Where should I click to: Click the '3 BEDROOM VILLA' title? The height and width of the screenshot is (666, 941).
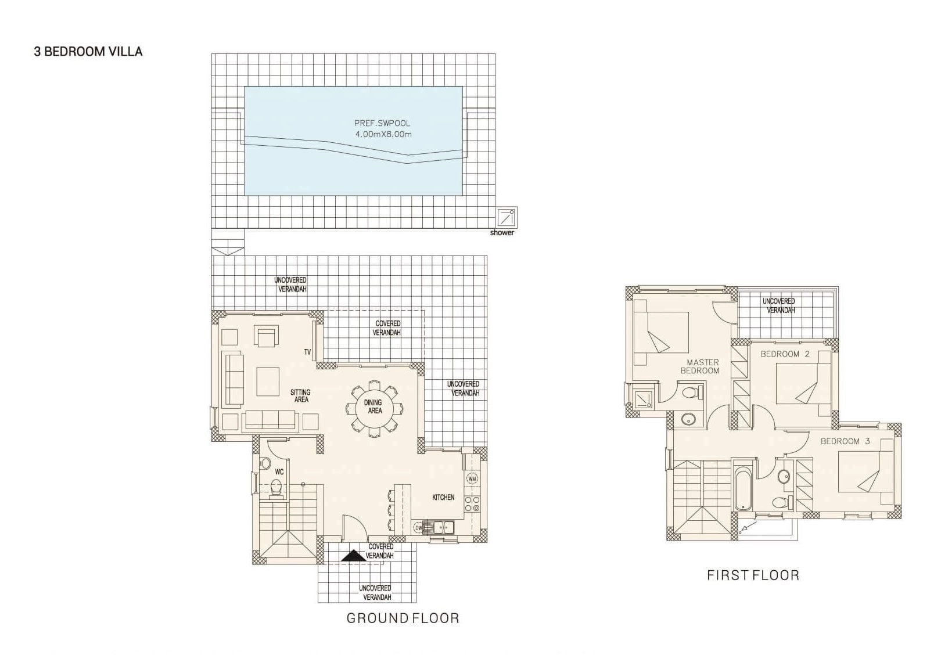pyautogui.click(x=88, y=52)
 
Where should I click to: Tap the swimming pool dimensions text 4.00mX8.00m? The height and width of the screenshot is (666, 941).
pyautogui.click(x=383, y=135)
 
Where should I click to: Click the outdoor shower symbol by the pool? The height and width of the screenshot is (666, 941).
pyautogui.click(x=507, y=218)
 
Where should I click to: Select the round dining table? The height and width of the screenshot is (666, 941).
pyautogui.click(x=374, y=407)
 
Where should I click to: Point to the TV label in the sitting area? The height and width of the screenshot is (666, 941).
pyautogui.click(x=307, y=352)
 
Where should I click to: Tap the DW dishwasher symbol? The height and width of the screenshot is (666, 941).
pyautogui.click(x=418, y=527)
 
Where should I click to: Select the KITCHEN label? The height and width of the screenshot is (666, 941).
pyautogui.click(x=443, y=498)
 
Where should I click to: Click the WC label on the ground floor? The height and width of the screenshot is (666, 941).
pyautogui.click(x=279, y=472)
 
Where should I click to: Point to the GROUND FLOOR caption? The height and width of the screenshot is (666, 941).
pyautogui.click(x=403, y=618)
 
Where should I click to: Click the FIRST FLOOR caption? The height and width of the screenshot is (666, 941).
pyautogui.click(x=753, y=575)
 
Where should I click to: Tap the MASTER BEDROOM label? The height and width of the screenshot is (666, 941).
pyautogui.click(x=700, y=366)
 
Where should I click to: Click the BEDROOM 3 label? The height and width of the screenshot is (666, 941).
pyautogui.click(x=845, y=441)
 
